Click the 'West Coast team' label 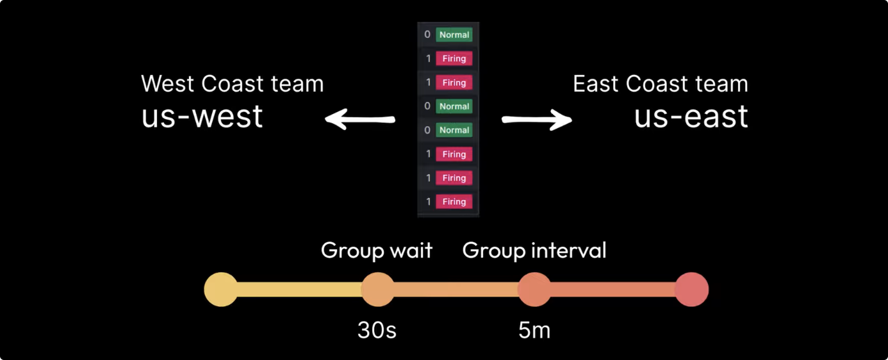[x=232, y=84]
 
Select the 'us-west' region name [x=202, y=116]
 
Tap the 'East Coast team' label [x=660, y=84]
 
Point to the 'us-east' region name [x=691, y=116]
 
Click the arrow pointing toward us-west [x=359, y=119]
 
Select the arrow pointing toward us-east [x=537, y=119]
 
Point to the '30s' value [x=377, y=330]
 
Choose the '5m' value [x=534, y=330]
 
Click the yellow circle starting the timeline [x=221, y=290]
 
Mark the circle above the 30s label [x=378, y=290]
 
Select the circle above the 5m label [x=534, y=290]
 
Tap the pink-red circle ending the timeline [x=691, y=290]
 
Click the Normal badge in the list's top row [x=454, y=35]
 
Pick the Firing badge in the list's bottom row [x=454, y=202]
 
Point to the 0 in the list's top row [x=427, y=35]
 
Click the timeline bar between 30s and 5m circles [x=456, y=290]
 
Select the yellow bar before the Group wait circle [x=299, y=290]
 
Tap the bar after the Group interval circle [x=613, y=290]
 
